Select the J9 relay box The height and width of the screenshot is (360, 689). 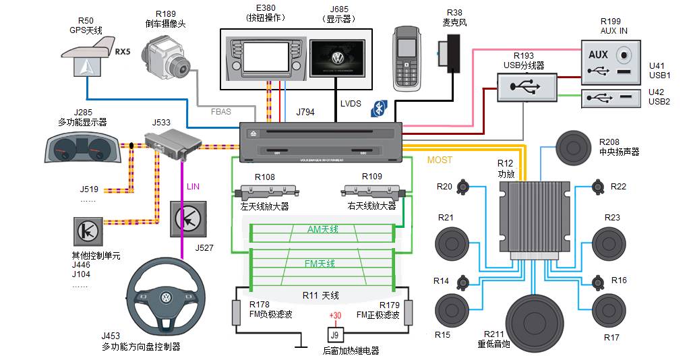coord(334,334)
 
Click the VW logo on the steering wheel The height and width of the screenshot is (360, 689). coord(166,298)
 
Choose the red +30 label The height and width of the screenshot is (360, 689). coord(334,316)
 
